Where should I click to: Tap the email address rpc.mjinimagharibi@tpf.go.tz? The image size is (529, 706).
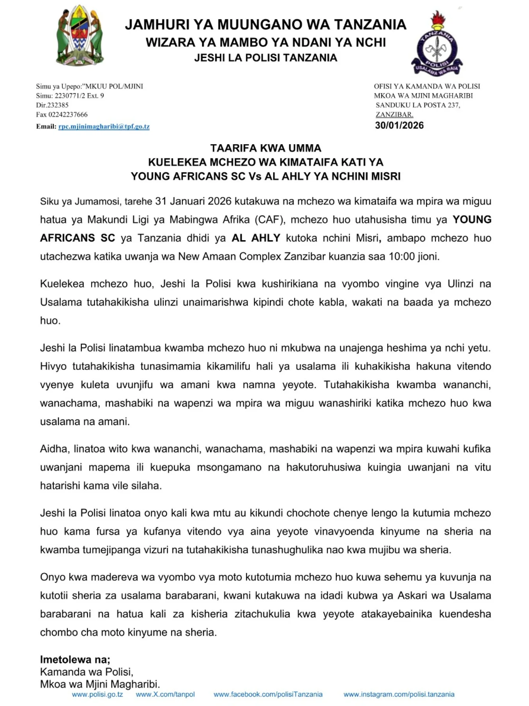(x=104, y=126)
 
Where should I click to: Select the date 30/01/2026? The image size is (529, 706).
(x=399, y=125)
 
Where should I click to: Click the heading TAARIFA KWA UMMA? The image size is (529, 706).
(x=266, y=148)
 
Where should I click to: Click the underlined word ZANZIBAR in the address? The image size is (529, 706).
(x=394, y=114)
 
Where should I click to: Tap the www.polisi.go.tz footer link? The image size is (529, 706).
(x=97, y=694)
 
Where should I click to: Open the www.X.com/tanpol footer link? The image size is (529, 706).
(x=165, y=694)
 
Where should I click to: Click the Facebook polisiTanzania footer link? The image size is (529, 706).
(x=268, y=694)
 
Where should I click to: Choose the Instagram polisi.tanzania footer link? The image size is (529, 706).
(x=399, y=694)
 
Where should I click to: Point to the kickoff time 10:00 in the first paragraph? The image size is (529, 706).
(x=402, y=256)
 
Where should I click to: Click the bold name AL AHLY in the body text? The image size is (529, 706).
(x=256, y=238)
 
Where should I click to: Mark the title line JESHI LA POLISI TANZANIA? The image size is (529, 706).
(x=266, y=58)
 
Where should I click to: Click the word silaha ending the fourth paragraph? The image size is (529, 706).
(x=145, y=486)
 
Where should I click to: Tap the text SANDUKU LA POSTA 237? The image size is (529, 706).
(x=418, y=105)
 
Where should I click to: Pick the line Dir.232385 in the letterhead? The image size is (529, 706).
(x=52, y=105)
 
